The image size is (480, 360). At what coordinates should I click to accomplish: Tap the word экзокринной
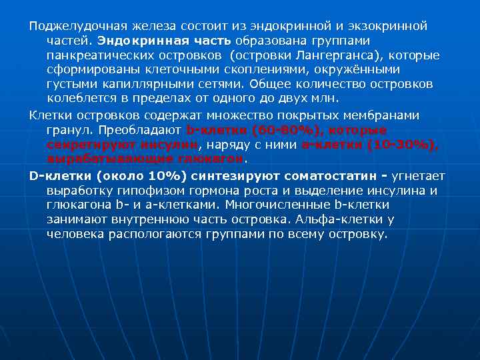[393, 26]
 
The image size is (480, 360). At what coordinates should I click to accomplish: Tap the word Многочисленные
[275, 205]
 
